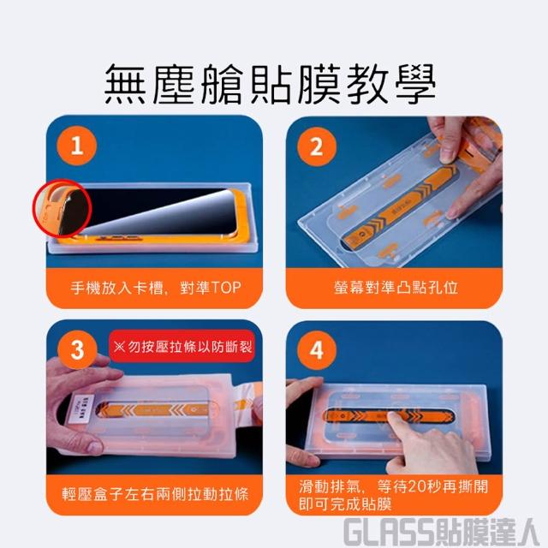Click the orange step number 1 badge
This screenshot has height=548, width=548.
point(77,146)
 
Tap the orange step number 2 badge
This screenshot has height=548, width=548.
point(317,146)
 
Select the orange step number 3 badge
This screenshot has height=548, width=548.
point(77,350)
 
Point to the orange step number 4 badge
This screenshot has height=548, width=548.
point(317,350)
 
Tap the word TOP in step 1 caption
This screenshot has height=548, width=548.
point(225,288)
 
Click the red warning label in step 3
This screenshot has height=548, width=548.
point(182,346)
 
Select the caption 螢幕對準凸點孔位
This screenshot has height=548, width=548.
point(396,288)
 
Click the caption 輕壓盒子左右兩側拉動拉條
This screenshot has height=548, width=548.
point(155,494)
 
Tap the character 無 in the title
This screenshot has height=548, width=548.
point(126,84)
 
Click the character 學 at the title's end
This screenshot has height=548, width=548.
point(415,84)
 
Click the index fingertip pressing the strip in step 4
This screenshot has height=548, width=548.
point(394,417)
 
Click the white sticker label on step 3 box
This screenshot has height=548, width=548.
point(84,405)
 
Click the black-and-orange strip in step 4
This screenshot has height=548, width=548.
point(389,416)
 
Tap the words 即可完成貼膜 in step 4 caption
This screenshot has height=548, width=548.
point(345,503)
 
